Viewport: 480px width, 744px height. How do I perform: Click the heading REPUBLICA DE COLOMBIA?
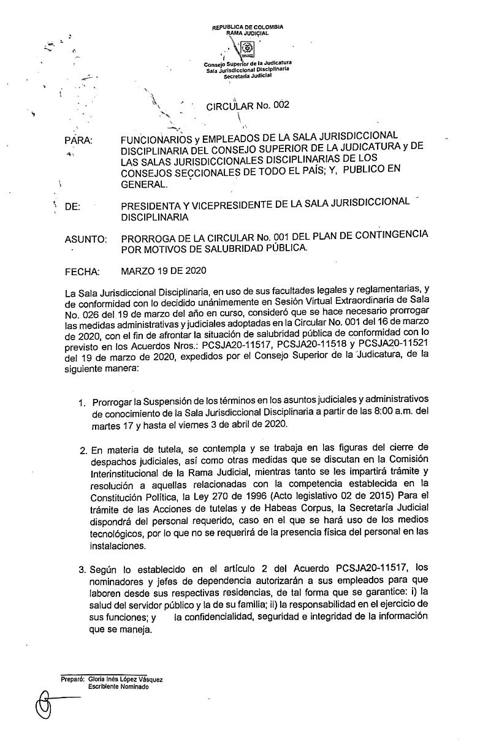pos(248,28)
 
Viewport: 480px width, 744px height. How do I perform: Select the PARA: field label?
pos(78,141)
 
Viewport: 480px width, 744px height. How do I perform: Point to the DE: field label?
pos(72,207)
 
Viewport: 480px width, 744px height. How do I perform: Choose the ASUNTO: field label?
pos(86,240)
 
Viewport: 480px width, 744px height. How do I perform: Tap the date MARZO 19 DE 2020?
pos(164,270)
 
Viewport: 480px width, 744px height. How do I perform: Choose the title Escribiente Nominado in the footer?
pos(118,686)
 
